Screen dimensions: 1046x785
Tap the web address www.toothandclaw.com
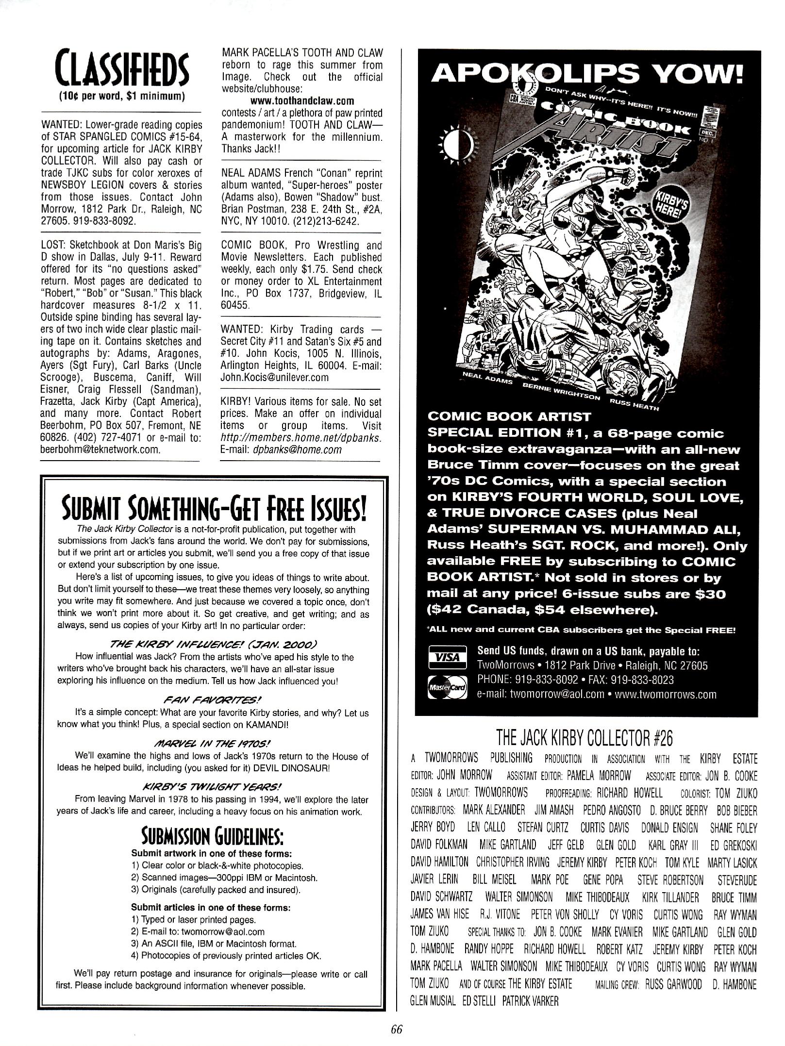click(302, 101)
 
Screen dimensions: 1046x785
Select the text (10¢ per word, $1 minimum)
click(121, 96)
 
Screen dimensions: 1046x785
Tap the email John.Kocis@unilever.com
click(274, 377)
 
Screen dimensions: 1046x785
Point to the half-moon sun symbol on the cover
click(458, 143)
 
